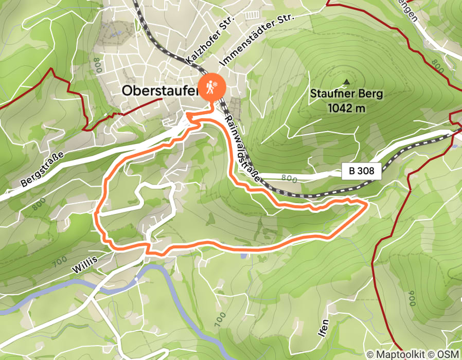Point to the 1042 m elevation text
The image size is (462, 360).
coord(346,108)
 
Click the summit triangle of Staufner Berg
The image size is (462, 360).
coord(346,81)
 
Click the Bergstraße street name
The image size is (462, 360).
coord(43,168)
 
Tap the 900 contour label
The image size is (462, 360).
coord(412,298)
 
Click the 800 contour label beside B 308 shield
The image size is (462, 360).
coord(290,178)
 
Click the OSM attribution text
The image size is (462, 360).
coord(448,354)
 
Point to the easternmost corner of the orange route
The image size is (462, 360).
coord(366,204)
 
